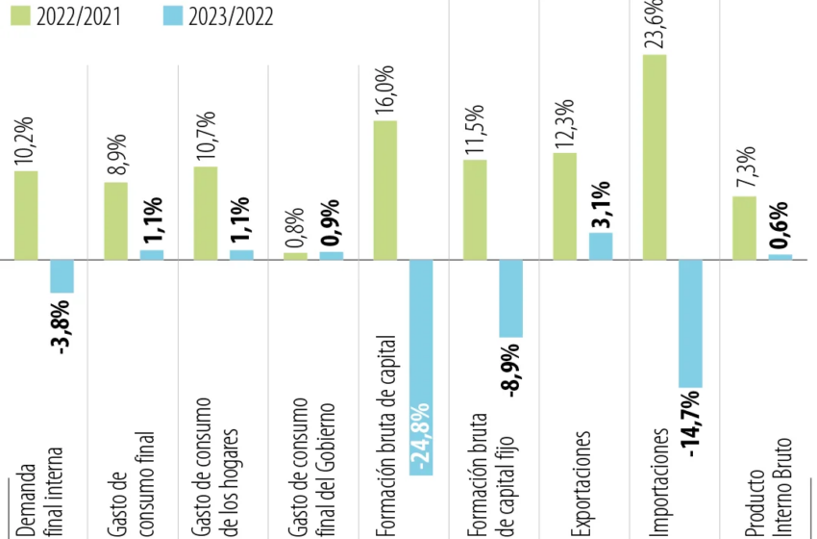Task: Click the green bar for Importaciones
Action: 655,157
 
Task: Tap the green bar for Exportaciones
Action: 565,206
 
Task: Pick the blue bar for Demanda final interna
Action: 62,276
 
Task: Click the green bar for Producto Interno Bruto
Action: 744,228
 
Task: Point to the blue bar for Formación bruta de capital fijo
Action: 510,298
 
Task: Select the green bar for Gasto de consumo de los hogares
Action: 206,213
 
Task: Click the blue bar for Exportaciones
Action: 601,246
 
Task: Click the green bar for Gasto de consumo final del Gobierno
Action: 296,256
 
